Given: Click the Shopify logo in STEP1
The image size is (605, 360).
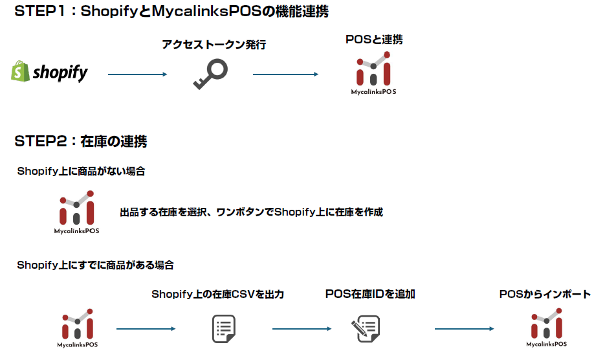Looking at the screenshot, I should [x=49, y=72].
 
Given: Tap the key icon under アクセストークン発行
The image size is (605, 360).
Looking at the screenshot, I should [x=211, y=74].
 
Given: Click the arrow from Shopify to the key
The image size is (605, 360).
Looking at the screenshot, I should [x=137, y=74].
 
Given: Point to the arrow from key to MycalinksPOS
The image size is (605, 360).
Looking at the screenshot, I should [x=285, y=74].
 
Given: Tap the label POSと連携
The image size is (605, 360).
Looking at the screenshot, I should [x=374, y=39].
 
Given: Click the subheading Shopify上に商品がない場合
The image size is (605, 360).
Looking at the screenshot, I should [x=81, y=172].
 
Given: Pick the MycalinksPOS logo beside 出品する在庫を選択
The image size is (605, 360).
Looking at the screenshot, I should [x=76, y=212].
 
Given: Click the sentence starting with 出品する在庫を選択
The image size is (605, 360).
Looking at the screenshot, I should [x=251, y=212].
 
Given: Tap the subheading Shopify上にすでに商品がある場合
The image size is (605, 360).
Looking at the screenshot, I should [x=95, y=265].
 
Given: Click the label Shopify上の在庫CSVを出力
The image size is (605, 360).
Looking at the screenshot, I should [x=218, y=294].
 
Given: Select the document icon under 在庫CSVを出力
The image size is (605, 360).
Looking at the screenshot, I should [x=223, y=329].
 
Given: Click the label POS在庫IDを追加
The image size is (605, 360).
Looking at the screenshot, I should [x=370, y=294].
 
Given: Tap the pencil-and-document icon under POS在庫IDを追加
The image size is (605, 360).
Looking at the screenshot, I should [x=364, y=329].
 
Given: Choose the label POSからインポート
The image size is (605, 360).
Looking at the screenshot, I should [x=545, y=294].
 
